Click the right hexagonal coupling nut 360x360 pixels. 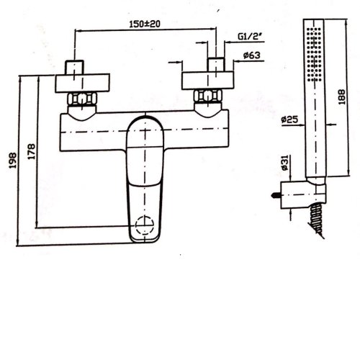[208, 98]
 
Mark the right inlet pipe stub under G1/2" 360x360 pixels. [216, 64]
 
